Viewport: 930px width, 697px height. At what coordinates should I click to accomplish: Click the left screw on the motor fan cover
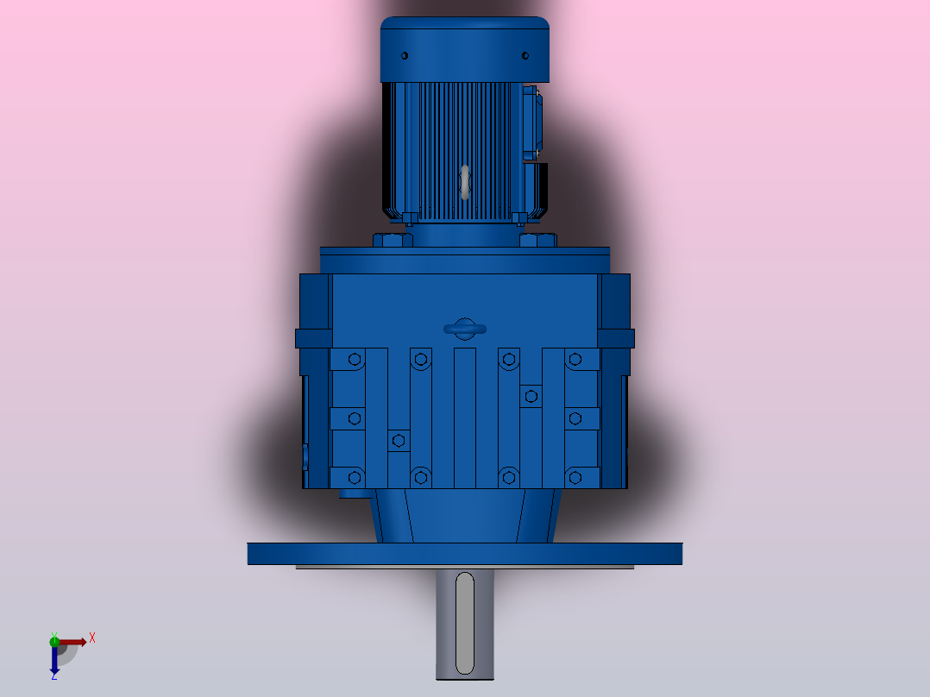[x=405, y=56]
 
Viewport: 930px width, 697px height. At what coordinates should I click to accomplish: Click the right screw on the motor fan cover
[x=525, y=56]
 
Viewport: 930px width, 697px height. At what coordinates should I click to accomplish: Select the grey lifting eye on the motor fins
[x=465, y=182]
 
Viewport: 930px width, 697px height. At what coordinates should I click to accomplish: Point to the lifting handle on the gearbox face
[x=465, y=328]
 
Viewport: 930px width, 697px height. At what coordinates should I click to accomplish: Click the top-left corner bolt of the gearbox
[x=354, y=359]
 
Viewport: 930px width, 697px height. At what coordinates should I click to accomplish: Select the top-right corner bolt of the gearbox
[x=575, y=359]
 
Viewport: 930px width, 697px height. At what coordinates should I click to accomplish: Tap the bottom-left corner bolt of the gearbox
[x=354, y=476]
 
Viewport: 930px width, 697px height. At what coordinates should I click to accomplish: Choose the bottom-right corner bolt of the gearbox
[x=575, y=476]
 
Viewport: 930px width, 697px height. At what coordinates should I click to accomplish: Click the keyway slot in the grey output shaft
[x=465, y=623]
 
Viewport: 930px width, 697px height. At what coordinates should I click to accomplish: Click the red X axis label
[x=92, y=638]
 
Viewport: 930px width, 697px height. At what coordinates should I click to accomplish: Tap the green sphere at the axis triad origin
[x=54, y=641]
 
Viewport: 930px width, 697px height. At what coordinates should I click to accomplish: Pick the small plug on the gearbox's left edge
[x=305, y=455]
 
